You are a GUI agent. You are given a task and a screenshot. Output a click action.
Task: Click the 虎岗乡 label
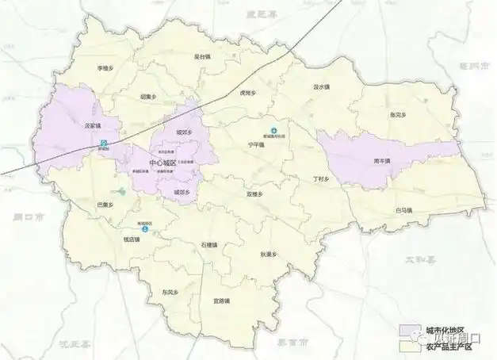point(247,93)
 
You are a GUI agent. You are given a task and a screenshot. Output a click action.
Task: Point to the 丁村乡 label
point(320,179)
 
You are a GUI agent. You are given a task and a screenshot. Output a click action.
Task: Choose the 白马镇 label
point(405,210)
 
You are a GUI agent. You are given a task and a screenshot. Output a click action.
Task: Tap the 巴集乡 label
point(107,205)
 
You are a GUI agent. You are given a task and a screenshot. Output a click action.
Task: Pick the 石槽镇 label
point(209,245)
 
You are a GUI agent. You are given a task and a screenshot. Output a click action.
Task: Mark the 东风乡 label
point(166,291)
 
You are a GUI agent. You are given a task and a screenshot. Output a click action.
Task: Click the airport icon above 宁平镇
point(275,131)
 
